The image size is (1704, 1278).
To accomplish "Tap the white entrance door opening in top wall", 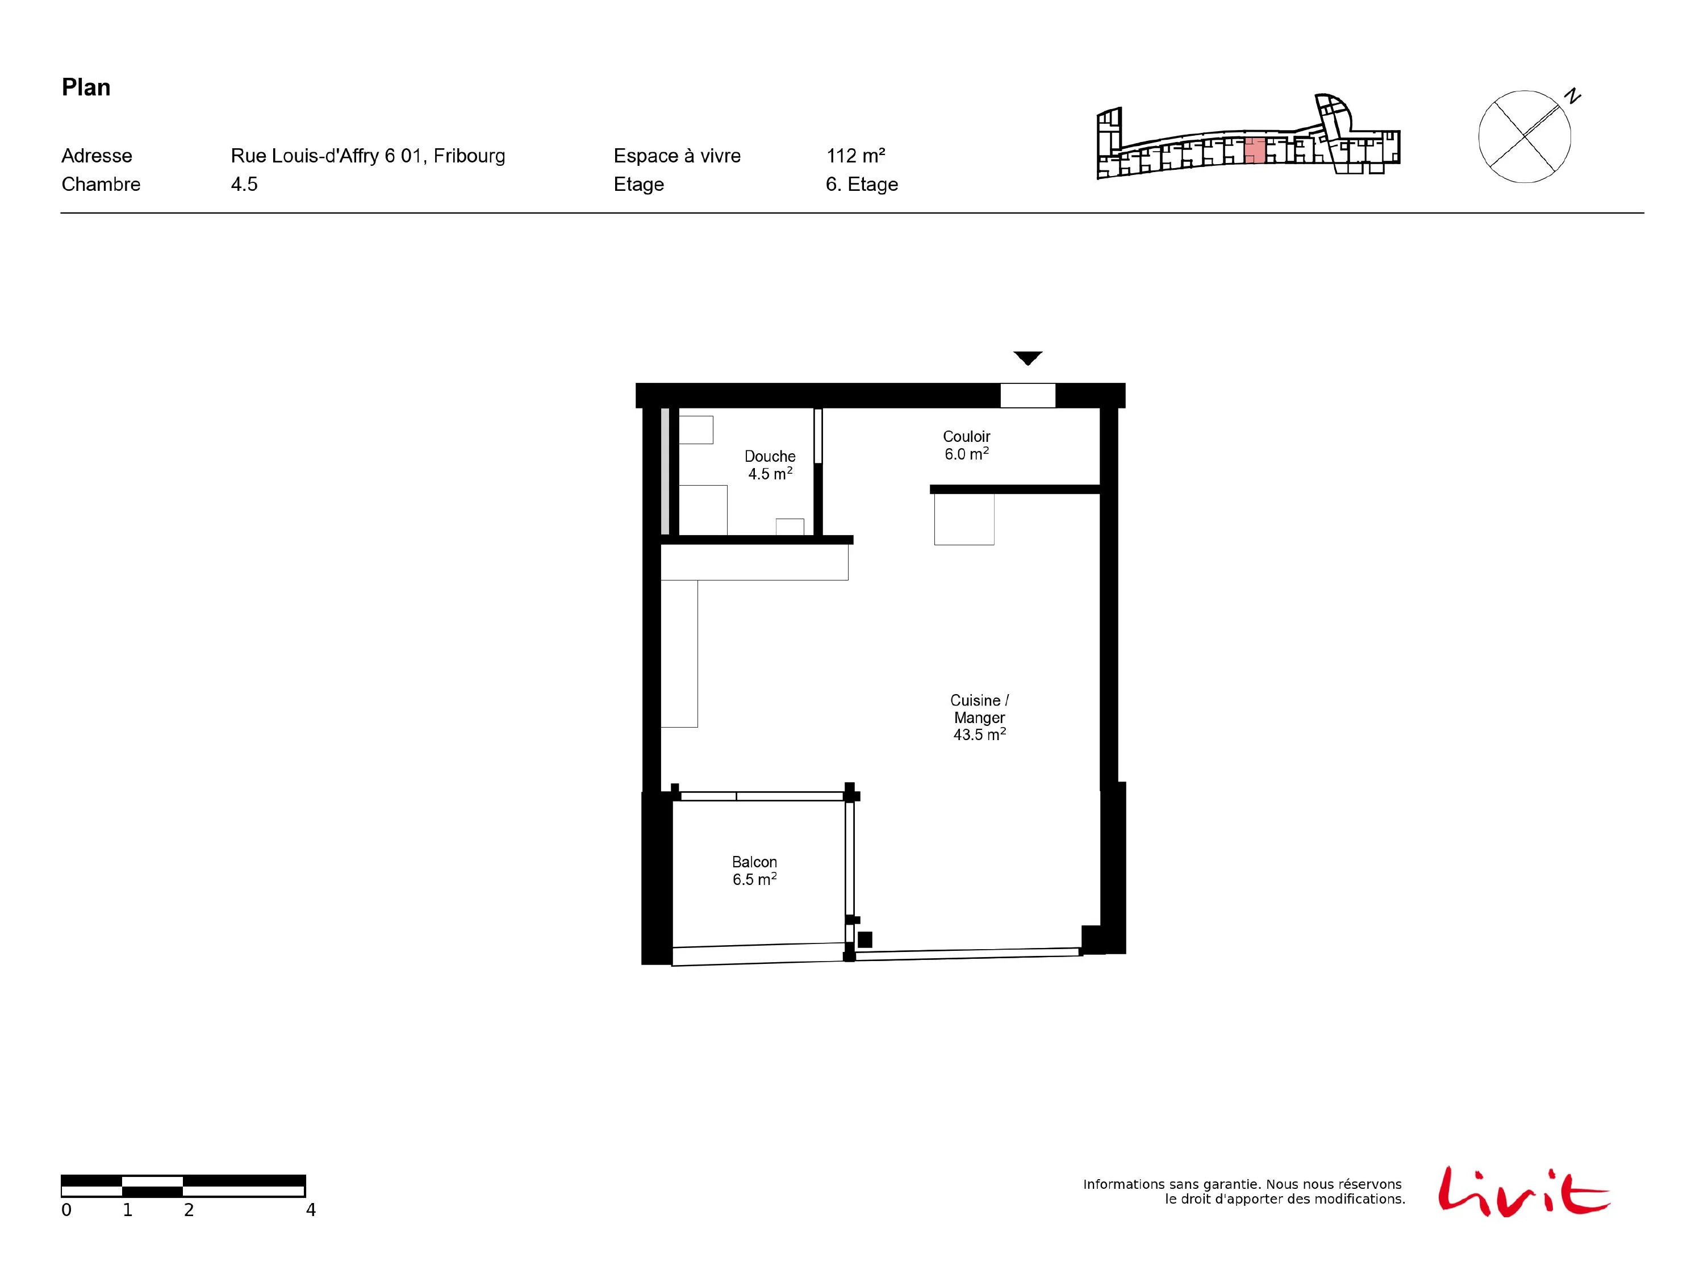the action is (x=1028, y=395).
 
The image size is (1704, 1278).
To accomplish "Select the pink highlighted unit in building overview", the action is (x=1255, y=150).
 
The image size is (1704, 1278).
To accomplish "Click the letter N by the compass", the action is (x=1572, y=97).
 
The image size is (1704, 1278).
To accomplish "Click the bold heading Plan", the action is (x=86, y=87).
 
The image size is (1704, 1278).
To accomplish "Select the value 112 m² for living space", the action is (x=855, y=156).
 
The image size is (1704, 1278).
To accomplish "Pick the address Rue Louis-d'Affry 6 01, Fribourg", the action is (x=367, y=156).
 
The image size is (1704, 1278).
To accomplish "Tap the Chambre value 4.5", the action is (x=244, y=184).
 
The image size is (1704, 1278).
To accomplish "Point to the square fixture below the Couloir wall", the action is (x=964, y=519).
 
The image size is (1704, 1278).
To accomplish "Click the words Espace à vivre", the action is (x=676, y=156).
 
